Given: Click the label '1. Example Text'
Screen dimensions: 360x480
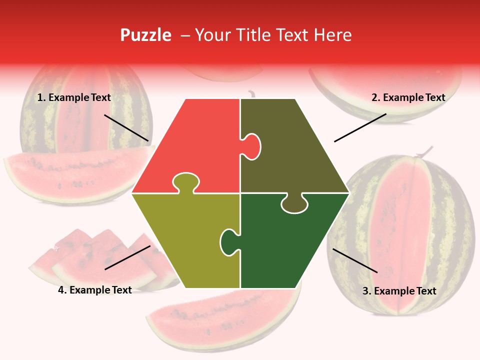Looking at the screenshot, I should (x=74, y=97).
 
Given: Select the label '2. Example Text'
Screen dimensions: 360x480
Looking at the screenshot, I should (x=408, y=97).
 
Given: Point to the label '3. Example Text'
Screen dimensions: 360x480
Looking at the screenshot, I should (x=399, y=291).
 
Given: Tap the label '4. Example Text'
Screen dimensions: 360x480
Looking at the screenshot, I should (x=95, y=290).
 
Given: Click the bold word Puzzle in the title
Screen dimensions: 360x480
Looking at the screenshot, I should (x=145, y=35).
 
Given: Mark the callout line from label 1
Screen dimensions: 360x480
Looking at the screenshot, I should (x=126, y=127).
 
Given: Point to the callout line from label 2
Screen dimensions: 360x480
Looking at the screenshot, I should (x=360, y=127).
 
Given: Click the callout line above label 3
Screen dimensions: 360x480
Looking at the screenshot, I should (x=355, y=260).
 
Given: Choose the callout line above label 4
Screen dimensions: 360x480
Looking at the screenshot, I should (x=127, y=257).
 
